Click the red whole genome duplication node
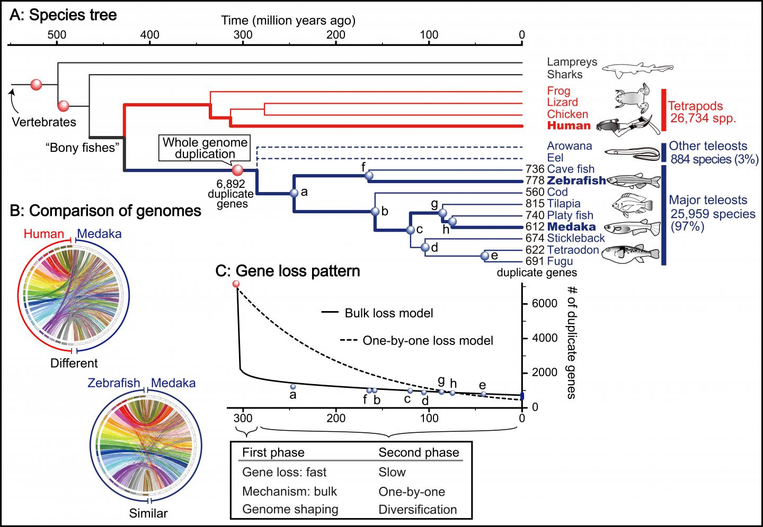tap(238, 170)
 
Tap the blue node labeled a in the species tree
tap(295, 193)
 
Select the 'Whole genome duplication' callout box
tap(205, 148)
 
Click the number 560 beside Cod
tap(535, 192)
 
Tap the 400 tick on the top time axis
tap(150, 35)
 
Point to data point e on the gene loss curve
tap(483, 394)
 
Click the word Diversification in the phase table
tap(418, 510)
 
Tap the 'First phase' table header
tap(273, 452)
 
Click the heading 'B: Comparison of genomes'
tap(106, 211)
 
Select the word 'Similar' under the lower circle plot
tap(148, 513)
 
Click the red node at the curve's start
tap(236, 285)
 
